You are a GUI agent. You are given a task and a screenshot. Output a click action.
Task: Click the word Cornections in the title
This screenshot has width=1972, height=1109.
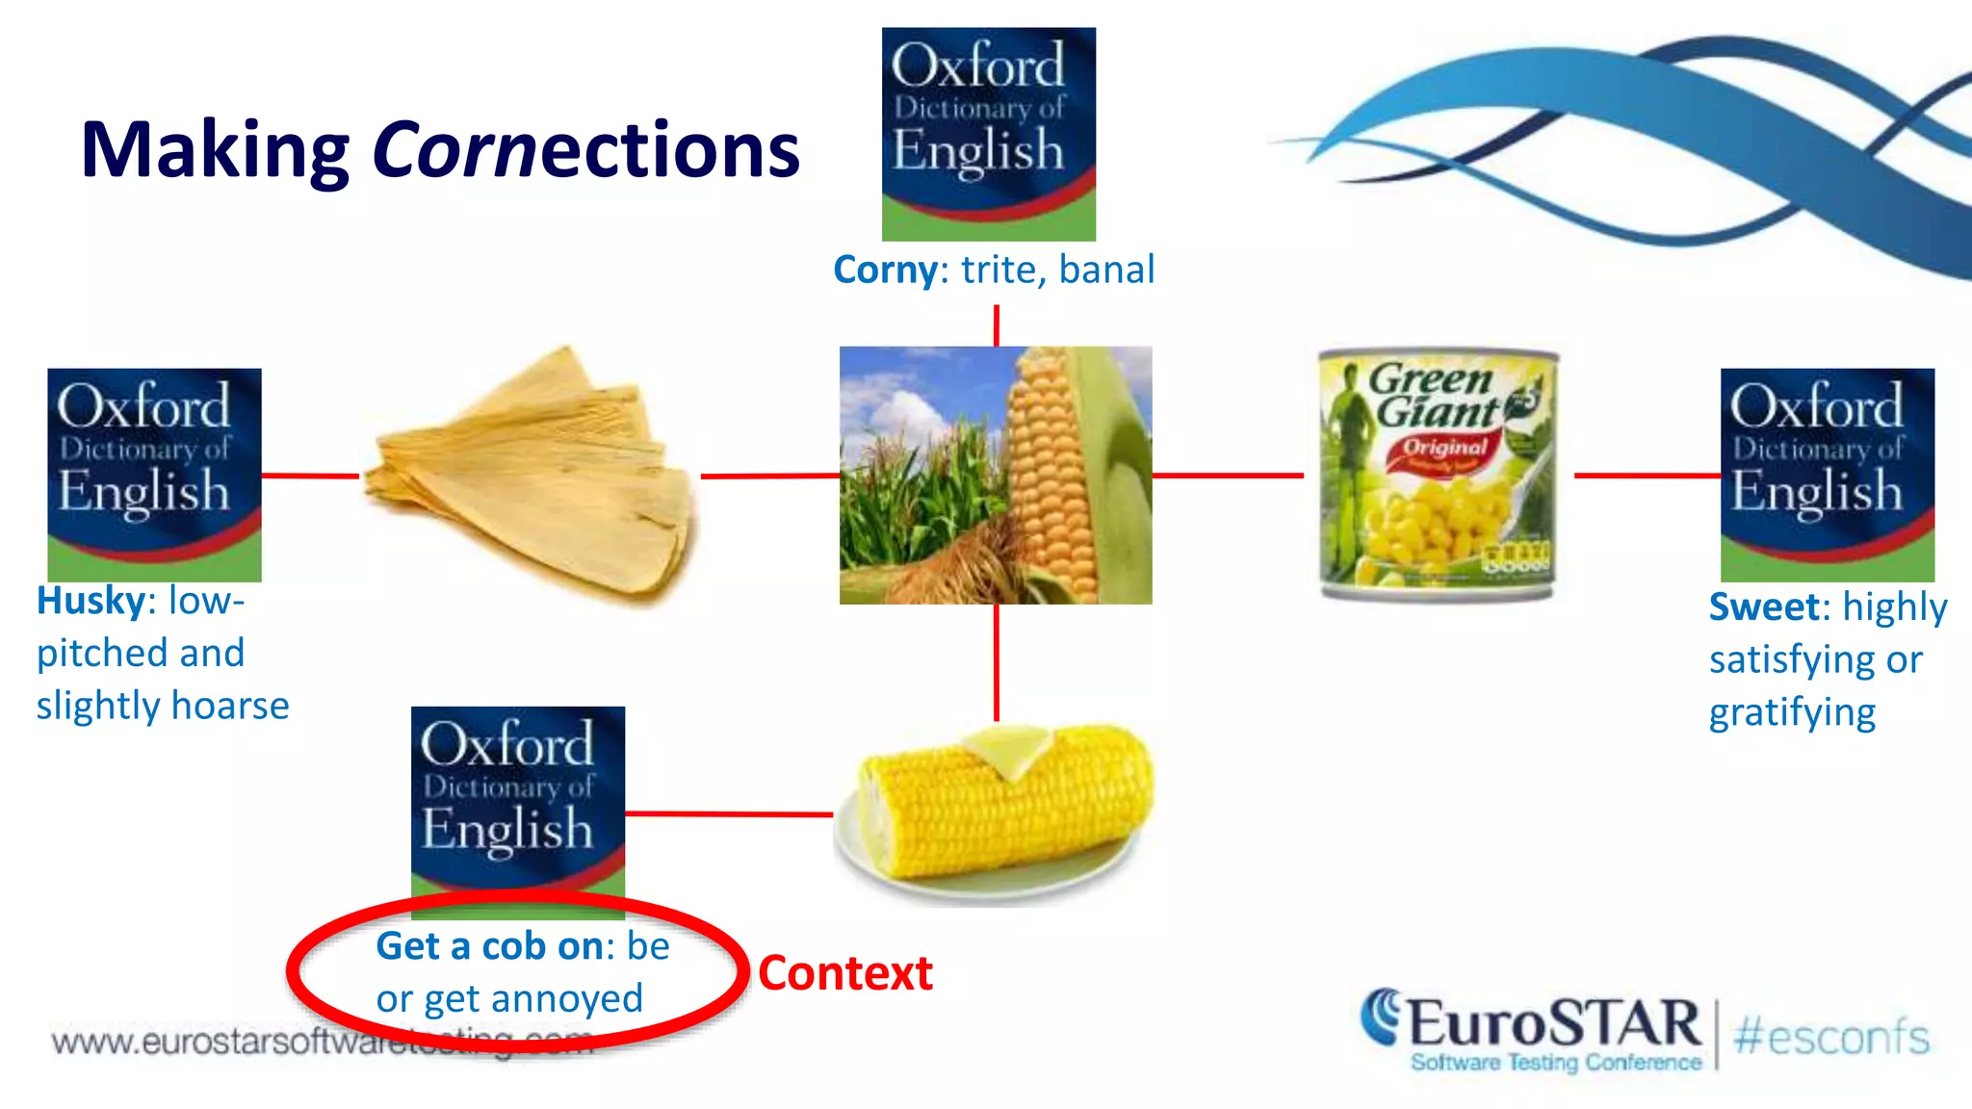coord(585,151)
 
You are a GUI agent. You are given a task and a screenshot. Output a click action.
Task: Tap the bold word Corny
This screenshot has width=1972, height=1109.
coord(885,271)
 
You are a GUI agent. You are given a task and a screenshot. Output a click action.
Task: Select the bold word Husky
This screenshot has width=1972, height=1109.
coord(90,602)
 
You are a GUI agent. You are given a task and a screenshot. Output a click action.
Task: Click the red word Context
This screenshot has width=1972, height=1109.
coord(844,973)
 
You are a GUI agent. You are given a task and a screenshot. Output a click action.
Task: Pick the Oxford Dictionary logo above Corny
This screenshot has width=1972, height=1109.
coord(988,134)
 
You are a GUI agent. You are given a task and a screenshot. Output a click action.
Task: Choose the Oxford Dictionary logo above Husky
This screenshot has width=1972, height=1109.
coord(154,475)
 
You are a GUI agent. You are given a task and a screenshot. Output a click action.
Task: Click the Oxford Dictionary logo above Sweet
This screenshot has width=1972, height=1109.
coord(1827,475)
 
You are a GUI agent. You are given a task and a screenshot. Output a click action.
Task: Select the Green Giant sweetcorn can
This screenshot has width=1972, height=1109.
coord(1438,476)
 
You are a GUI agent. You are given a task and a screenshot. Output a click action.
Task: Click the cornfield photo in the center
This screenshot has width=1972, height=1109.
coord(995,476)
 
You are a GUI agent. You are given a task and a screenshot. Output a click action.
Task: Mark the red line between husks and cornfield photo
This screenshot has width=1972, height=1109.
coord(769,476)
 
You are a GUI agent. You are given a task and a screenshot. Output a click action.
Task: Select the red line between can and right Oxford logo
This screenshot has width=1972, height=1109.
coord(1647,475)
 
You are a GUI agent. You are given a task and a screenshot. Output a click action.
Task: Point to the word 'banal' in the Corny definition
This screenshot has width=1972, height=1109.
coord(1106,271)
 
